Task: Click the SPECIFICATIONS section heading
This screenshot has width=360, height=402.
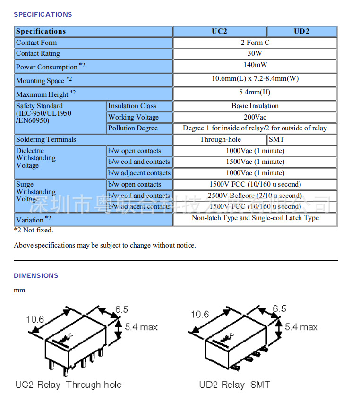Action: point(43,14)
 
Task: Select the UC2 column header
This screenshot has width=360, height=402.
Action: point(219,31)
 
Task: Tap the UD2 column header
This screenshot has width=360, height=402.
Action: point(301,31)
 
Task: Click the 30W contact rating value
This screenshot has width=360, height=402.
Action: point(255,53)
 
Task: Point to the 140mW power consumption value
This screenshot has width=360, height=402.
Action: point(255,65)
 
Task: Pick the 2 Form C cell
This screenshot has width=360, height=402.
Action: point(255,43)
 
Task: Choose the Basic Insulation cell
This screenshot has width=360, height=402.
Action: point(255,106)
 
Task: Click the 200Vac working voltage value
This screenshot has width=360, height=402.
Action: point(255,117)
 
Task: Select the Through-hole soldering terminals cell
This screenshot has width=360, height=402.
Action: point(220,139)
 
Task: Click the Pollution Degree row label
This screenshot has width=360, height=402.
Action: point(133,128)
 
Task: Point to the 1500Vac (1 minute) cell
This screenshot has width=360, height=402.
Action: point(255,162)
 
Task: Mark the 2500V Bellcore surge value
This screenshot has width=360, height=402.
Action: point(255,196)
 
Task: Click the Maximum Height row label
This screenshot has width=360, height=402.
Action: point(46,94)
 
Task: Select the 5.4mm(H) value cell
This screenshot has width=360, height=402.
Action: point(255,92)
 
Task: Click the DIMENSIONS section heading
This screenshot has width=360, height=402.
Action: point(36,275)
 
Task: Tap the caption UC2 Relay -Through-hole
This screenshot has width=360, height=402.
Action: point(69,385)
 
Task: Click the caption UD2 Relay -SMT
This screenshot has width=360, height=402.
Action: point(235,385)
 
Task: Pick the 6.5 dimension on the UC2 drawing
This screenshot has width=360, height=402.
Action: point(121,309)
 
